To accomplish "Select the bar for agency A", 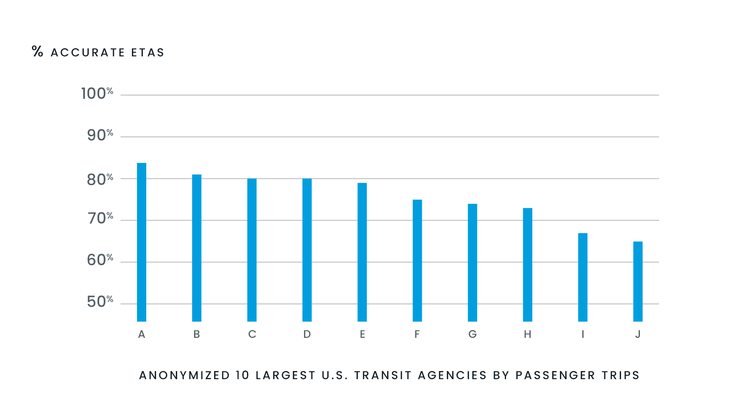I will [x=142, y=242].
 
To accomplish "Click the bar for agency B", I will [x=197, y=248].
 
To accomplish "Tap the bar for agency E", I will [x=362, y=252].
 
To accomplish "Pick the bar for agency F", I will [x=417, y=261].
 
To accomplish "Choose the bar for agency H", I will [x=528, y=265].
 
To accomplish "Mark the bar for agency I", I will [x=583, y=277].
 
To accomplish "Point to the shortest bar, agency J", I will [x=638, y=281].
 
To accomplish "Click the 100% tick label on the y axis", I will [x=97, y=94].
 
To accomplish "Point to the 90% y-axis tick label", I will [x=100, y=136].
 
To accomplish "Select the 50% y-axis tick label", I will [x=100, y=302].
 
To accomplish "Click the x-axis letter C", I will [x=252, y=334].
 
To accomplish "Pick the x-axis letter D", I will [x=307, y=334].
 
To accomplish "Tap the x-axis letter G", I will [x=472, y=334].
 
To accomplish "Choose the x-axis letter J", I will [x=638, y=334].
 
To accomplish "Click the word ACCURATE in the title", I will [x=88, y=53].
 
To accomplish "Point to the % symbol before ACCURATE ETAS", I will [x=37, y=51].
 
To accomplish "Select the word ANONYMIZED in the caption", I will [x=184, y=375].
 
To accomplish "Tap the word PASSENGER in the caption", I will [x=555, y=375].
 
